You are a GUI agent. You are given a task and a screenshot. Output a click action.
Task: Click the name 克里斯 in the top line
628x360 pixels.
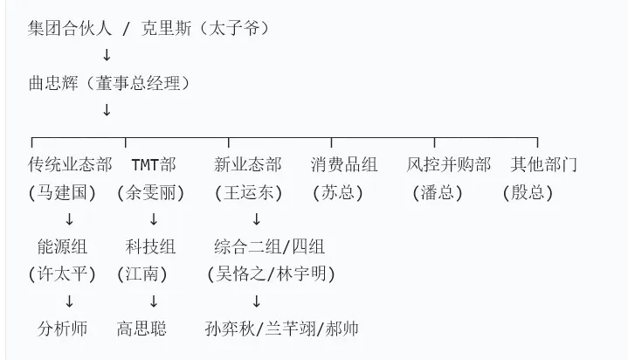pyautogui.click(x=166, y=29)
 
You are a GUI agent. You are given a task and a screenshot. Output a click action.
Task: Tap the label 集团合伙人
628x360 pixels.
pyautogui.click(x=70, y=29)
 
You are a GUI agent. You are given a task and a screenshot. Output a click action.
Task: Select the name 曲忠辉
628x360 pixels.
pyautogui.click(x=53, y=83)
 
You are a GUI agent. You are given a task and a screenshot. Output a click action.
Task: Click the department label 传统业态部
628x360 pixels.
pyautogui.click(x=70, y=165)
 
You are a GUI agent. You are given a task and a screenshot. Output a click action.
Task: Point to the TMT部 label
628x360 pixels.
pyautogui.click(x=154, y=165)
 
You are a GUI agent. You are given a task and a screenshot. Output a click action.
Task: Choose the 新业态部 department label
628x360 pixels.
pyautogui.click(x=248, y=165)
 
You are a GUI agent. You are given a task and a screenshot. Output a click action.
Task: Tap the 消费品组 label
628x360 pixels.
pyautogui.click(x=344, y=165)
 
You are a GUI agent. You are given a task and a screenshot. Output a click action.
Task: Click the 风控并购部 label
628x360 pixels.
pyautogui.click(x=449, y=165)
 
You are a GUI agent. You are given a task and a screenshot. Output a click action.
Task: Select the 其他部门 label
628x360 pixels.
pyautogui.click(x=544, y=165)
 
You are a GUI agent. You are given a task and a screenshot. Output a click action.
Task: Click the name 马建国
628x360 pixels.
pyautogui.click(x=62, y=193)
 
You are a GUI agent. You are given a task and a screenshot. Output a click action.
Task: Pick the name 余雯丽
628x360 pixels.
pyautogui.click(x=150, y=193)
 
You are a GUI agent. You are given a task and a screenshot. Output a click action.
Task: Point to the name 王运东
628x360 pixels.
pyautogui.click(x=248, y=193)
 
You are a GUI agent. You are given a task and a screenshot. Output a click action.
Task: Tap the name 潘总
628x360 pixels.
pyautogui.click(x=438, y=193)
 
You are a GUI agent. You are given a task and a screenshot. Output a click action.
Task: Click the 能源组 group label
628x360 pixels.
pyautogui.click(x=62, y=246)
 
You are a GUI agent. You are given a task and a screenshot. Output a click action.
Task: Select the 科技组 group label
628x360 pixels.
pyautogui.click(x=150, y=246)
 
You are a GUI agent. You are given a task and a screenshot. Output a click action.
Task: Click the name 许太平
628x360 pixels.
pyautogui.click(x=62, y=274)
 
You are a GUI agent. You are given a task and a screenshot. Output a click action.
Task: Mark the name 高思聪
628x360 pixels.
pyautogui.click(x=141, y=329)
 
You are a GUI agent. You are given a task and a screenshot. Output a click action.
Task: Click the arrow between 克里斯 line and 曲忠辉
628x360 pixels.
pyautogui.click(x=107, y=55)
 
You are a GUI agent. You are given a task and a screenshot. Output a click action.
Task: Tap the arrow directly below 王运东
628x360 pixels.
pyautogui.click(x=256, y=219)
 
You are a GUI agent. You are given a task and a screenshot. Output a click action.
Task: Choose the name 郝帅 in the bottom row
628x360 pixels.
pyautogui.click(x=342, y=329)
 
